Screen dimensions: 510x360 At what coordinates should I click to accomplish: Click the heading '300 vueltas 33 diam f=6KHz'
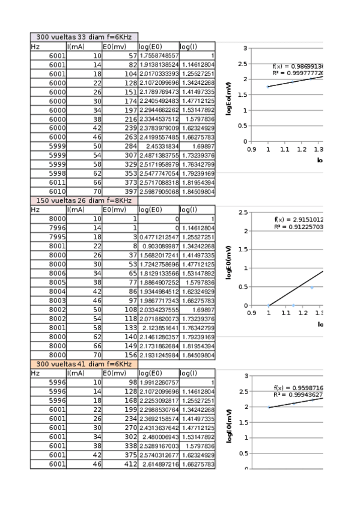coord(84,37)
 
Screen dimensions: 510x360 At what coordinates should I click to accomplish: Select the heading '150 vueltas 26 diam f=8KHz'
coord(84,200)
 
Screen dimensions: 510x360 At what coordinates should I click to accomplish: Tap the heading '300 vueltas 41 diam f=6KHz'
coord(84,364)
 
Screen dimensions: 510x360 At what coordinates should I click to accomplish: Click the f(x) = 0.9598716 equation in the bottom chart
coord(298,388)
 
